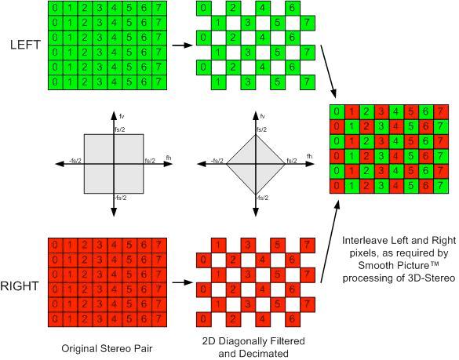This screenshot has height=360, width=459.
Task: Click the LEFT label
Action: [25, 45]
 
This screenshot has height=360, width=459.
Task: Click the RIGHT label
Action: [20, 286]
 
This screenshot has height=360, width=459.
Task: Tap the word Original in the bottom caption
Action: [79, 348]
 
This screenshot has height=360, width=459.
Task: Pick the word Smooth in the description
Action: [377, 265]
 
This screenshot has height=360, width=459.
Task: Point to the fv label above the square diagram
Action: [122, 117]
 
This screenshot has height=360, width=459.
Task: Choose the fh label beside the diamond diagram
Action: [309, 156]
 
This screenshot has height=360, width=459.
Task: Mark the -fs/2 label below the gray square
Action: [120, 198]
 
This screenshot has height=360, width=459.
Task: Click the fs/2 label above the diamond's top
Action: [261, 129]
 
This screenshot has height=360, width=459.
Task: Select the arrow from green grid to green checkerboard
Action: [183, 45]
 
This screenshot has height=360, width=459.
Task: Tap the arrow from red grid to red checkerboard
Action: [183, 282]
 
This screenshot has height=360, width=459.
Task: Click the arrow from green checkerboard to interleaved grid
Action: [329, 71]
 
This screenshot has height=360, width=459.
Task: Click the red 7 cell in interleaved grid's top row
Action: [441, 112]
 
